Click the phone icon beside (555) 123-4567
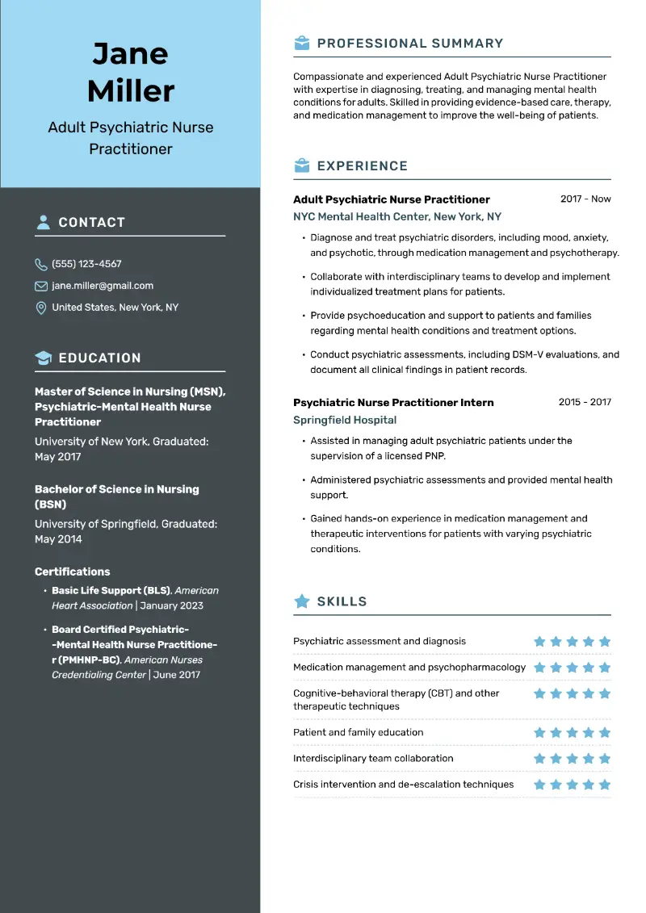point(41,264)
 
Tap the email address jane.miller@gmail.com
point(103,286)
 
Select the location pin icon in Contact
point(41,308)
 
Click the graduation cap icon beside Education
point(43,358)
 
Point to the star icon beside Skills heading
point(302,601)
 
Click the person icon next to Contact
point(43,222)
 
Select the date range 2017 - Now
point(585,199)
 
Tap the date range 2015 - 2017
point(585,402)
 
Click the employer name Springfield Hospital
point(345,420)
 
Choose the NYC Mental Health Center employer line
point(397,216)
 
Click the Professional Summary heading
point(409,44)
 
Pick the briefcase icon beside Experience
point(302,165)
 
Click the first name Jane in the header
point(130,54)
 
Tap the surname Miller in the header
point(130,90)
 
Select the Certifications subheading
point(73,572)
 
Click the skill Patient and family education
point(358,732)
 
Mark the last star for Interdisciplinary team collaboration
point(605,759)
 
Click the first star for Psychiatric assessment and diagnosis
point(539,642)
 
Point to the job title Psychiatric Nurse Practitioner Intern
point(393,402)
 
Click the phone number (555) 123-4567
point(86,264)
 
